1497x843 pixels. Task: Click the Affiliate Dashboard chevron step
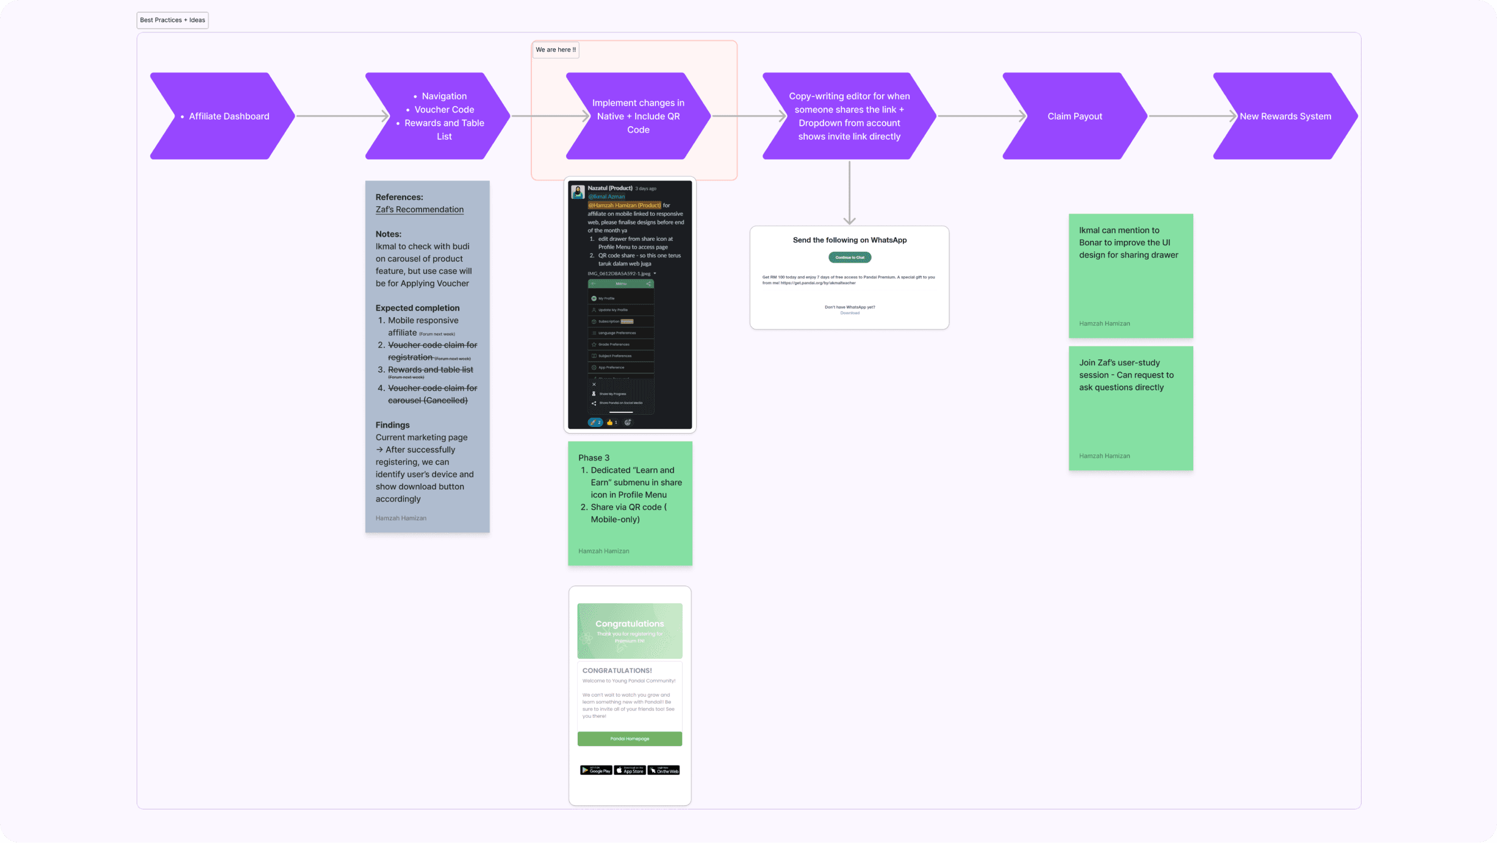click(x=222, y=116)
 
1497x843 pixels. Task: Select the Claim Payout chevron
click(x=1074, y=116)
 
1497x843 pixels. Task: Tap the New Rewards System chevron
click(x=1285, y=116)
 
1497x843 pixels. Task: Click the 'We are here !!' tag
click(x=556, y=50)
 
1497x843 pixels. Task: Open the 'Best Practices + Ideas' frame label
click(x=173, y=20)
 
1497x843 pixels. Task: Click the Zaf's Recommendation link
click(x=420, y=209)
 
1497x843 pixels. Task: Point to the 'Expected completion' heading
click(x=417, y=308)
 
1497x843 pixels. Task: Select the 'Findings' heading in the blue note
click(x=392, y=425)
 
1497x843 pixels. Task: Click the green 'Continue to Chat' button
click(x=850, y=257)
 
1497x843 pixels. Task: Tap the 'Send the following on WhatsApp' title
click(x=850, y=240)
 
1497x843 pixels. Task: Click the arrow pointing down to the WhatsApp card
click(x=850, y=192)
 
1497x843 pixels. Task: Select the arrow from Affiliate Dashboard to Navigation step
click(x=342, y=116)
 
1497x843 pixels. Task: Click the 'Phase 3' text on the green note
click(x=594, y=457)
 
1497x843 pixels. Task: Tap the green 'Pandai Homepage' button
click(x=630, y=739)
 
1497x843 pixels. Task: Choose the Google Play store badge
click(x=596, y=770)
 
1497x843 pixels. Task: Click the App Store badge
click(x=630, y=770)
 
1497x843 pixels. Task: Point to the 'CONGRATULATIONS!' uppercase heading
click(x=617, y=670)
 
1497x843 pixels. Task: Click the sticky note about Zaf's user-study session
click(x=1130, y=408)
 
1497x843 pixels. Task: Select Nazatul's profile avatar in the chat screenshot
click(x=578, y=192)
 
